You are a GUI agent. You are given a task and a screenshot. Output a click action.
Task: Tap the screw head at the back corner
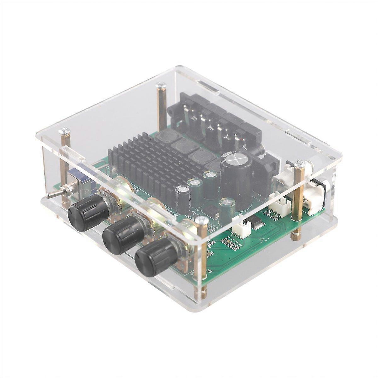(x=162, y=84)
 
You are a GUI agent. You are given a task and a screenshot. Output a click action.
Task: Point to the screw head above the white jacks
(x=300, y=163)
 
